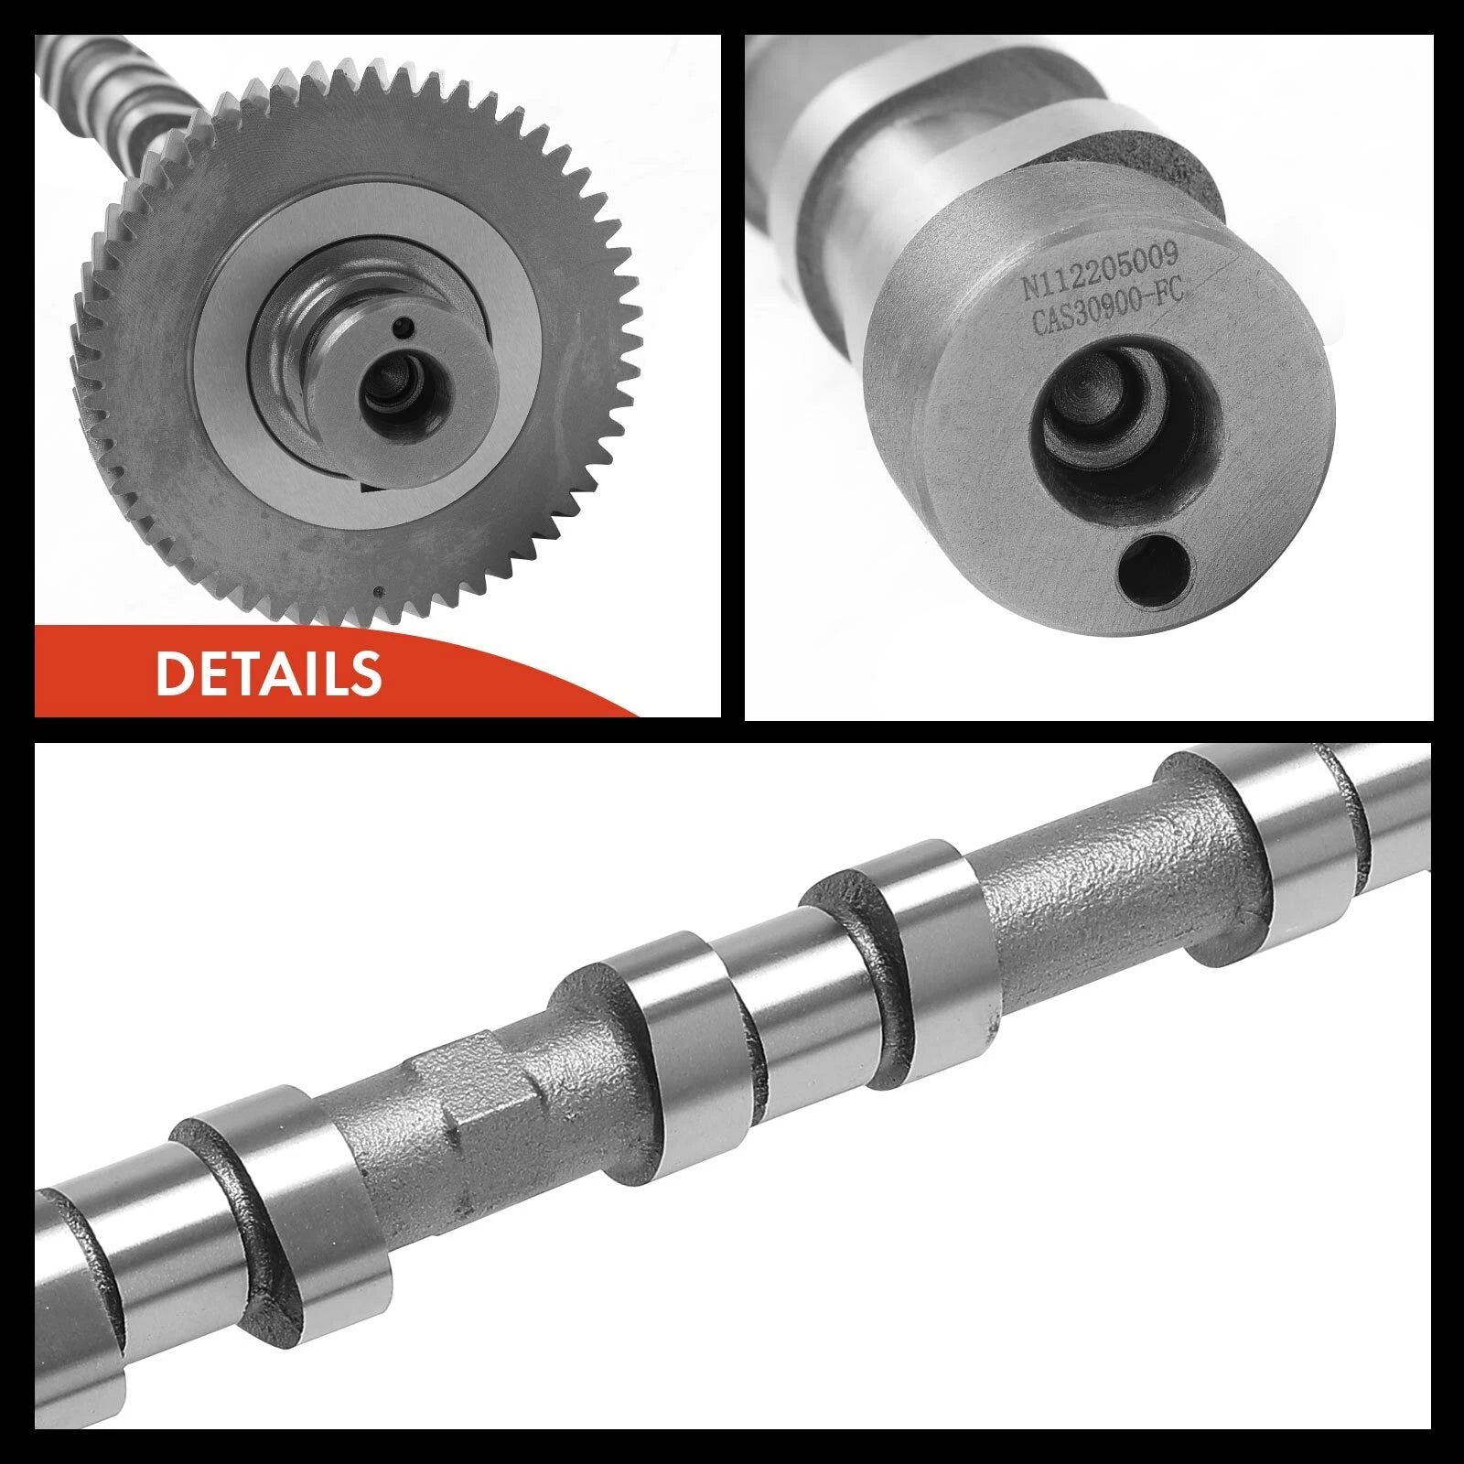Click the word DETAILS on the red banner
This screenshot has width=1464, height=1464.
pyautogui.click(x=268, y=673)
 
